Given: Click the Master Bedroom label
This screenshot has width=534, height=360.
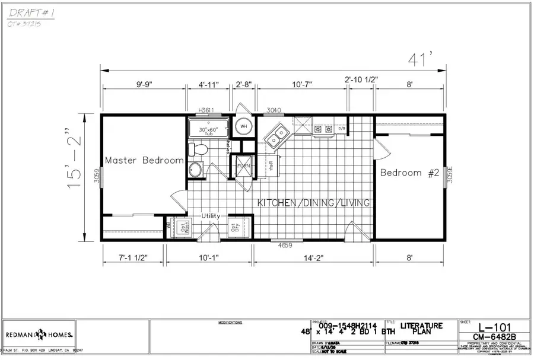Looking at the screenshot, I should click(144, 160).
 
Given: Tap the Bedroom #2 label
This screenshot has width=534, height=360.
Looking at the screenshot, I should click(409, 173).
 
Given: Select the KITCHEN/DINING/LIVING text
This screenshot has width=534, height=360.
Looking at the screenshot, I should click(314, 203).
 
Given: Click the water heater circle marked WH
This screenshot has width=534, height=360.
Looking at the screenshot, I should click(243, 126).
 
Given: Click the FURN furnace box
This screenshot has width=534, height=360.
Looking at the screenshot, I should click(243, 166).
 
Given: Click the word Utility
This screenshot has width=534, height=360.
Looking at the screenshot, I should click(211, 216).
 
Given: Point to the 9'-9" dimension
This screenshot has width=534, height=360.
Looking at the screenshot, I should click(145, 85).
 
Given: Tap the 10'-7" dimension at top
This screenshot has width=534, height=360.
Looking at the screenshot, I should click(303, 85).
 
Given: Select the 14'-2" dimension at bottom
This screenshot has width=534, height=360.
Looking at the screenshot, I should click(314, 258).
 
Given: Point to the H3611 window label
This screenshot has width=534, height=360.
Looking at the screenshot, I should click(206, 110).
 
